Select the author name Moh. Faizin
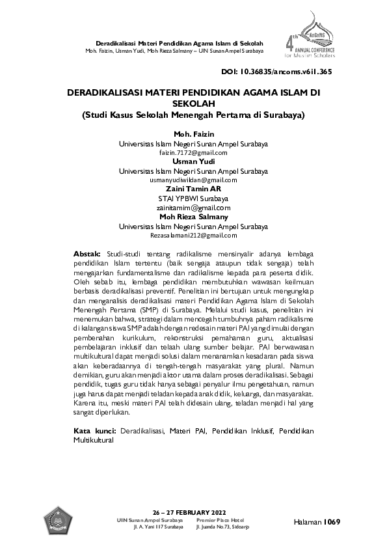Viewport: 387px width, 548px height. click(193, 134)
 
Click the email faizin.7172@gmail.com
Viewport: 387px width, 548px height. click(193, 152)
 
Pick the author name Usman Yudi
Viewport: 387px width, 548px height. click(193, 161)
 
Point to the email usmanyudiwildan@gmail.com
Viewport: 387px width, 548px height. click(193, 180)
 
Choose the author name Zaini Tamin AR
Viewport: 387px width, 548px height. click(193, 189)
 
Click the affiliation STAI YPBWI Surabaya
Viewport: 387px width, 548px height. click(193, 198)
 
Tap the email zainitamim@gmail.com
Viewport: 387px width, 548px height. click(193, 208)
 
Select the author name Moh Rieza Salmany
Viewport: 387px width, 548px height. click(193, 217)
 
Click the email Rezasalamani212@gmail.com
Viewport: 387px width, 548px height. click(193, 235)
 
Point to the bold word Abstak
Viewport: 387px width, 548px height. click(87, 252)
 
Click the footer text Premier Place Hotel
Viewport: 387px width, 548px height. click(220, 521)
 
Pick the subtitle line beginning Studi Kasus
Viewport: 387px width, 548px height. click(193, 115)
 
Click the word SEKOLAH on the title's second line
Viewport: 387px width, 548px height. click(193, 103)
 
